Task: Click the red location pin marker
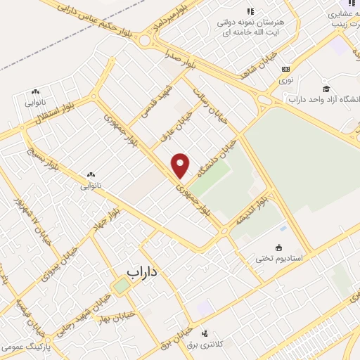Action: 181,165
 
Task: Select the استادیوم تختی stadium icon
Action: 279,247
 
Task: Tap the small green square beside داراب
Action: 122,285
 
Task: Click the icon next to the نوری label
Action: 285,69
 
